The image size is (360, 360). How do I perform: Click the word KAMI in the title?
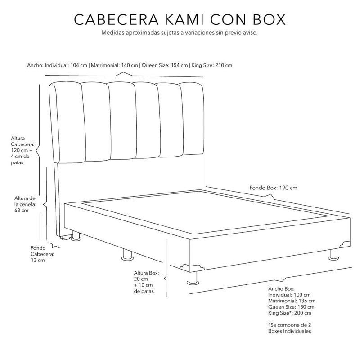pos(184,19)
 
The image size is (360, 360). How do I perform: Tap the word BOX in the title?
pos(269,19)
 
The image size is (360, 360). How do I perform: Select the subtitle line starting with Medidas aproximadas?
pos(180,32)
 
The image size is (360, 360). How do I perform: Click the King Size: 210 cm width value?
pos(211,65)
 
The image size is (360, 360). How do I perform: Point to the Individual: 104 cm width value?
pos(66,65)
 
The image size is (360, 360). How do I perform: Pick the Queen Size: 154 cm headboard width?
pos(165,65)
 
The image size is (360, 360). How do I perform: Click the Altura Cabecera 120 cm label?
pos(22,150)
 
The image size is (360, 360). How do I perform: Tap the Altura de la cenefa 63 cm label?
pos(25,204)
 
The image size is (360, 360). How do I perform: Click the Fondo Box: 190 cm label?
pos(273,188)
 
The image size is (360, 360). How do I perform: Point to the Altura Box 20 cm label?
pos(147,282)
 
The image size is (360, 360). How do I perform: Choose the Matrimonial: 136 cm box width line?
pos(292,301)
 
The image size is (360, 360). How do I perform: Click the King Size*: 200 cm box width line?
pos(290,313)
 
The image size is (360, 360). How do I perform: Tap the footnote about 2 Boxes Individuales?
pos(289,328)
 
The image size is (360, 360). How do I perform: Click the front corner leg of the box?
pos(193,278)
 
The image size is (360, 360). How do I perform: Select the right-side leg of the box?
pos(333,254)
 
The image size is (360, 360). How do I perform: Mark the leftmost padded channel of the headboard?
pos(69,122)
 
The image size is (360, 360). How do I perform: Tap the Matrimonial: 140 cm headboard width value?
pos(114,65)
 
